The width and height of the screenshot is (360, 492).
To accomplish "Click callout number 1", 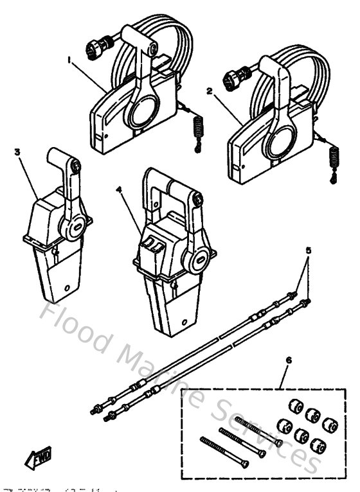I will pos(69,59).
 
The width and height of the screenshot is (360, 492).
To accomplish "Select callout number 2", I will pos(209,91).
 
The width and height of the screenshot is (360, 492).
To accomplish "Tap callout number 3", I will pos(17,152).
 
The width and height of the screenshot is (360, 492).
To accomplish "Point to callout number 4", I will pos(120,190).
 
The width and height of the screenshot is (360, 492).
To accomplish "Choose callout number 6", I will pos(287,362).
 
